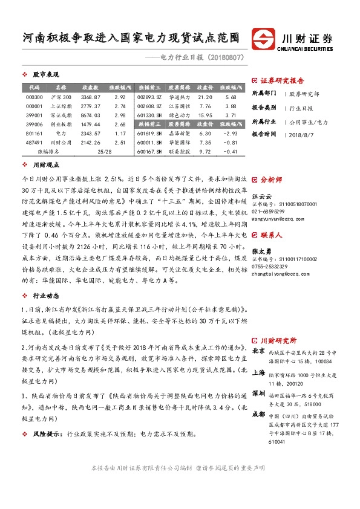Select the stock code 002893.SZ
149,97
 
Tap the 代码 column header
34,87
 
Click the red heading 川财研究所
283,340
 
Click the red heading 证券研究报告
282,80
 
